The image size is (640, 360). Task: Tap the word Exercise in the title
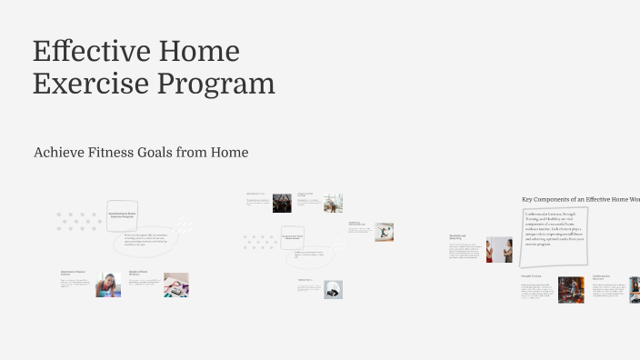pyautogui.click(x=91, y=83)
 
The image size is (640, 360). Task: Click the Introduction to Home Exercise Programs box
pyautogui.click(x=122, y=214)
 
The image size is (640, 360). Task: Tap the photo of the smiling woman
pyautogui.click(x=108, y=285)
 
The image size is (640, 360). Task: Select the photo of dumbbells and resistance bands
pyautogui.click(x=176, y=285)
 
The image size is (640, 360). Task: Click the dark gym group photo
pyautogui.click(x=282, y=203)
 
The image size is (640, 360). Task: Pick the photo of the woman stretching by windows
pyautogui.click(x=334, y=203)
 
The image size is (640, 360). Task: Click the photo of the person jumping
pyautogui.click(x=385, y=232)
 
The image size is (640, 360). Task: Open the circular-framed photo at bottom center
pyautogui.click(x=334, y=289)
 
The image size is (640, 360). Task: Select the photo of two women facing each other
pyautogui.click(x=499, y=249)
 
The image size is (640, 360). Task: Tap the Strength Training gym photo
pyautogui.click(x=571, y=289)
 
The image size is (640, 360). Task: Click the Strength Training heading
pyautogui.click(x=532, y=275)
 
